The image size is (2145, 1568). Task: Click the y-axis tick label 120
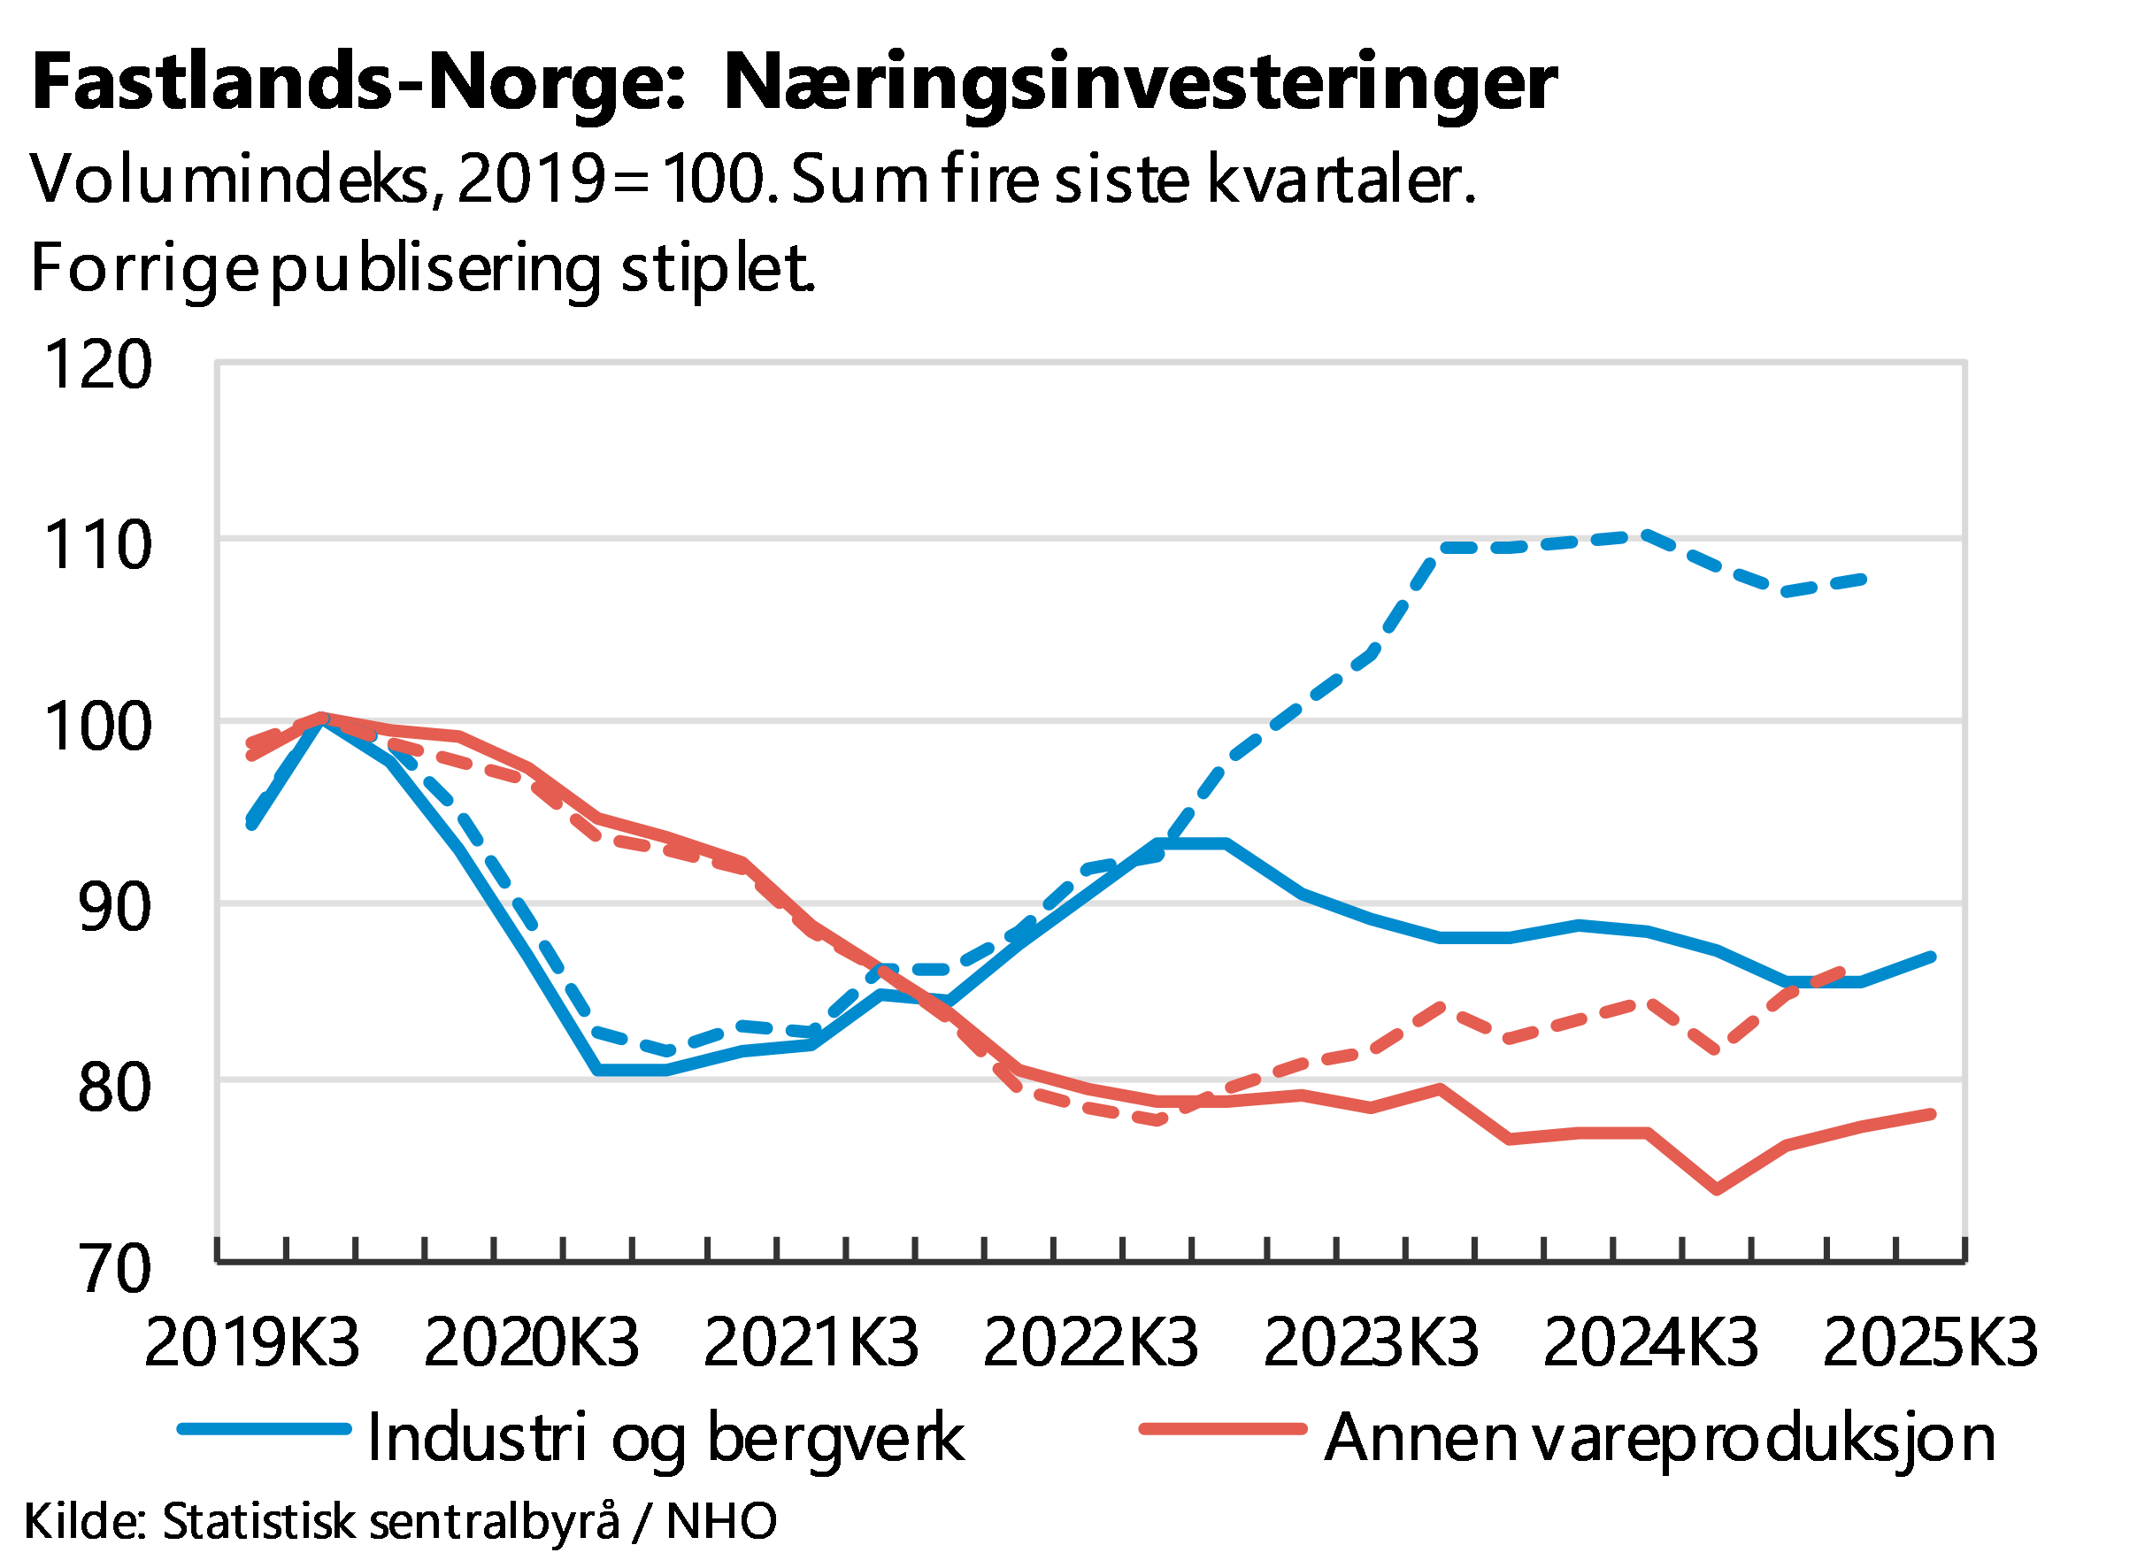click(97, 364)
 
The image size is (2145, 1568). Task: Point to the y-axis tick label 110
click(97, 545)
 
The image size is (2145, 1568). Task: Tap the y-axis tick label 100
click(97, 726)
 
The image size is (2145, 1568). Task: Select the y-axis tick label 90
click(115, 906)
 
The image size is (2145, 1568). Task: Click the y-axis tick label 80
click(115, 1088)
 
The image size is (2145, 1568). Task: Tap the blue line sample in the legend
click(264, 1429)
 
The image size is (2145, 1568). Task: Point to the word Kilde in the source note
click(83, 1521)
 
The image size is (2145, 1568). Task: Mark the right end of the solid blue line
click(1932, 957)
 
